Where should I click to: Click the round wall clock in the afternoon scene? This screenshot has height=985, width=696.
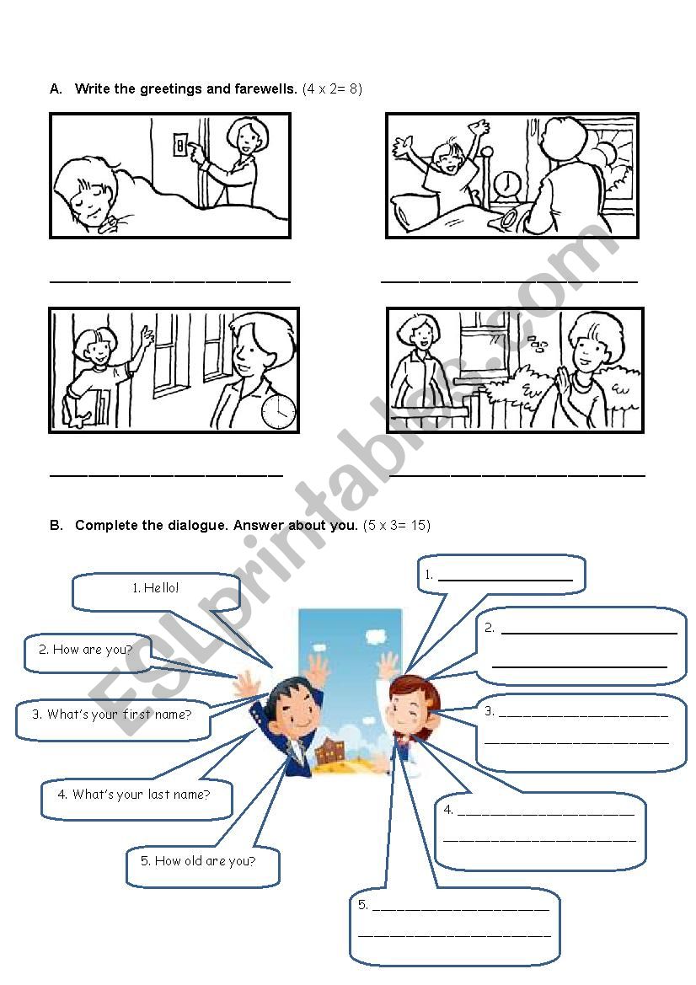(x=278, y=412)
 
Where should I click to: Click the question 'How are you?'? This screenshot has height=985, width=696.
(x=93, y=650)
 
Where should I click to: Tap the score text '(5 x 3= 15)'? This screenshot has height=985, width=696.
(x=397, y=525)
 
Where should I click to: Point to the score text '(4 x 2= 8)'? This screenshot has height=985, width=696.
(x=332, y=88)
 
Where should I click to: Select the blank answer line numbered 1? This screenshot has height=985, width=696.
(x=505, y=579)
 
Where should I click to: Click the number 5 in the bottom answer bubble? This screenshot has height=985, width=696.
(x=361, y=905)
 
